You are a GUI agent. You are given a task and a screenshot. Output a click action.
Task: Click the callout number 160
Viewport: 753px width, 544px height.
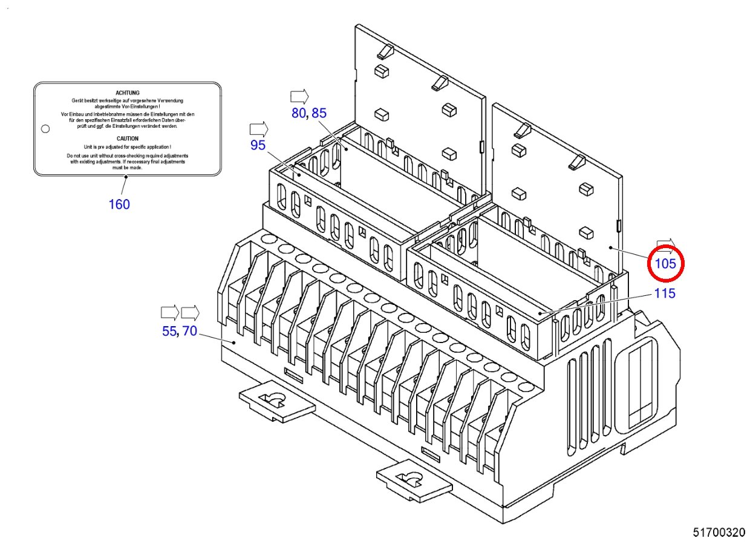pos(119,205)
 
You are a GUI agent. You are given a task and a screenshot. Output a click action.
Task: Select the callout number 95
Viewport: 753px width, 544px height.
pos(258,145)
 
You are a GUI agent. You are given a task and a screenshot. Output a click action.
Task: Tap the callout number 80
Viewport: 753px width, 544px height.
pos(299,113)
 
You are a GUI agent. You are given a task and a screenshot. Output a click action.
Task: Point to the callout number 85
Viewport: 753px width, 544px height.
pos(319,113)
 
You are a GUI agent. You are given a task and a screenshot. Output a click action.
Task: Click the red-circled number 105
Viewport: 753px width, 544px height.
pos(665,263)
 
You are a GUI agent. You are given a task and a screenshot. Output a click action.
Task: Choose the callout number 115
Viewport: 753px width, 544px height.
pos(665,293)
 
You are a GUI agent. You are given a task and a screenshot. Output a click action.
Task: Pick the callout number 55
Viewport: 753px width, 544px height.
pos(169,332)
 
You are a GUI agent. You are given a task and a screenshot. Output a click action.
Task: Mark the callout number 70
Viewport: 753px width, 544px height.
pos(189,331)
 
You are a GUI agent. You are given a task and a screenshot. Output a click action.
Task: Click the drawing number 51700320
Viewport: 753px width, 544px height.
pos(719,533)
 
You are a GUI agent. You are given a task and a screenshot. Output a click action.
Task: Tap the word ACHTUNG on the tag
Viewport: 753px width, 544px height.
pos(128,93)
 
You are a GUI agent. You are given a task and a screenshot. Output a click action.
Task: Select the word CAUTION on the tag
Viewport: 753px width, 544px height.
pos(128,139)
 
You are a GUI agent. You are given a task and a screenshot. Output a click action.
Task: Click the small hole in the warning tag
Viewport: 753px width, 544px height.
pos(45,129)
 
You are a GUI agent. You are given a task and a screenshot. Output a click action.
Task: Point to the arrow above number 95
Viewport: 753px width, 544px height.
pos(259,129)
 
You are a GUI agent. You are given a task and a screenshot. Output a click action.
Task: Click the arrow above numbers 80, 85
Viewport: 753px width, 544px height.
pos(299,97)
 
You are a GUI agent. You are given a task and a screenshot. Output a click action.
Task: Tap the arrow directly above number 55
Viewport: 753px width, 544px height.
pos(170,313)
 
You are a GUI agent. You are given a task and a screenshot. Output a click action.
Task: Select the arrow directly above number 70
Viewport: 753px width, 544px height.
pos(191,313)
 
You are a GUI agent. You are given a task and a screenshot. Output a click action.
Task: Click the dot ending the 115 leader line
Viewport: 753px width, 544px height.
pos(540,313)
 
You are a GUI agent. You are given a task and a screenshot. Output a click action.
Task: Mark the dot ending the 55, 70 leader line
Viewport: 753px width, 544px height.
pos(234,343)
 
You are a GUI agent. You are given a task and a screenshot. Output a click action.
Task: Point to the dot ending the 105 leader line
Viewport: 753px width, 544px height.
pos(611,248)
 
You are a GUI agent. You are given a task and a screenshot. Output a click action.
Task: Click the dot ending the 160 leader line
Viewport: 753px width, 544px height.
pos(126,177)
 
